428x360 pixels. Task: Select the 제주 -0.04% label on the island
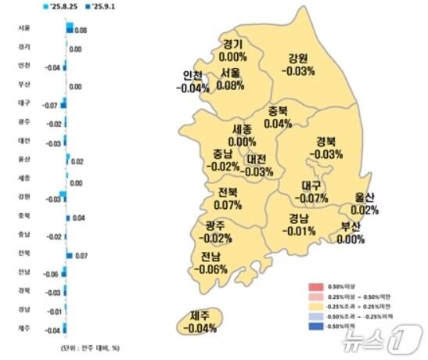(201, 322)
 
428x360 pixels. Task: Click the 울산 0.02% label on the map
(365, 203)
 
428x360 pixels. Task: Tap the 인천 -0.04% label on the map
(193, 82)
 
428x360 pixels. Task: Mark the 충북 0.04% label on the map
(278, 117)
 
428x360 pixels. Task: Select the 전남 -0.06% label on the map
(212, 264)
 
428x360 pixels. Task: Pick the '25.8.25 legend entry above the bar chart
(65, 7)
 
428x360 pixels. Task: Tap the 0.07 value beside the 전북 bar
(81, 256)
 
